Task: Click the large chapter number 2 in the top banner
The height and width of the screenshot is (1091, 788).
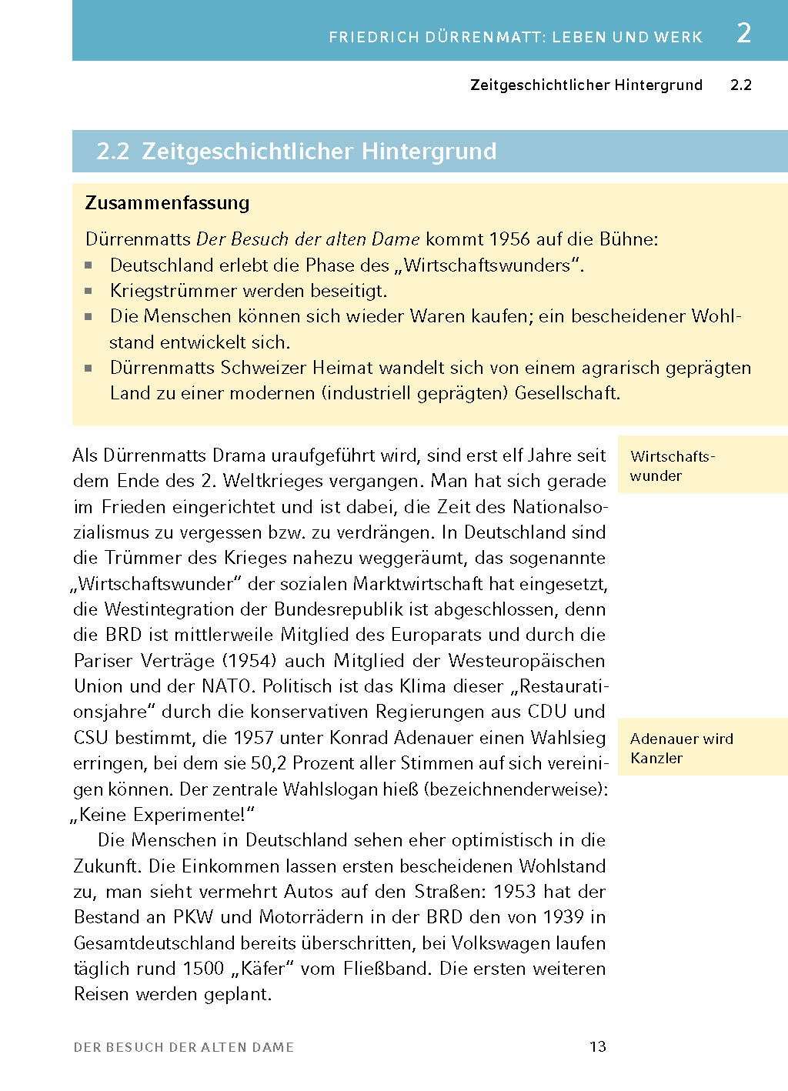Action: click(743, 33)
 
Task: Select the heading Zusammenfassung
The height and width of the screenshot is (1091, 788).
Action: click(167, 203)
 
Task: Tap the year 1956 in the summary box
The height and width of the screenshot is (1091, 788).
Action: click(509, 239)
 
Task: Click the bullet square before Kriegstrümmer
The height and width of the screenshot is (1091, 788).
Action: click(88, 291)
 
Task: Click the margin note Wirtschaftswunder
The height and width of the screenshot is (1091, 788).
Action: click(672, 465)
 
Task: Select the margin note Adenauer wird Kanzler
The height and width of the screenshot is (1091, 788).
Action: click(681, 748)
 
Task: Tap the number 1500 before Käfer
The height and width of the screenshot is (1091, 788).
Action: click(203, 969)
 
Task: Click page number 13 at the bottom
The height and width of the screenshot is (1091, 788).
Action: click(598, 1046)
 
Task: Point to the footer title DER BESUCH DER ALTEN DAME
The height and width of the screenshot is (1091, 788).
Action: click(184, 1047)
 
